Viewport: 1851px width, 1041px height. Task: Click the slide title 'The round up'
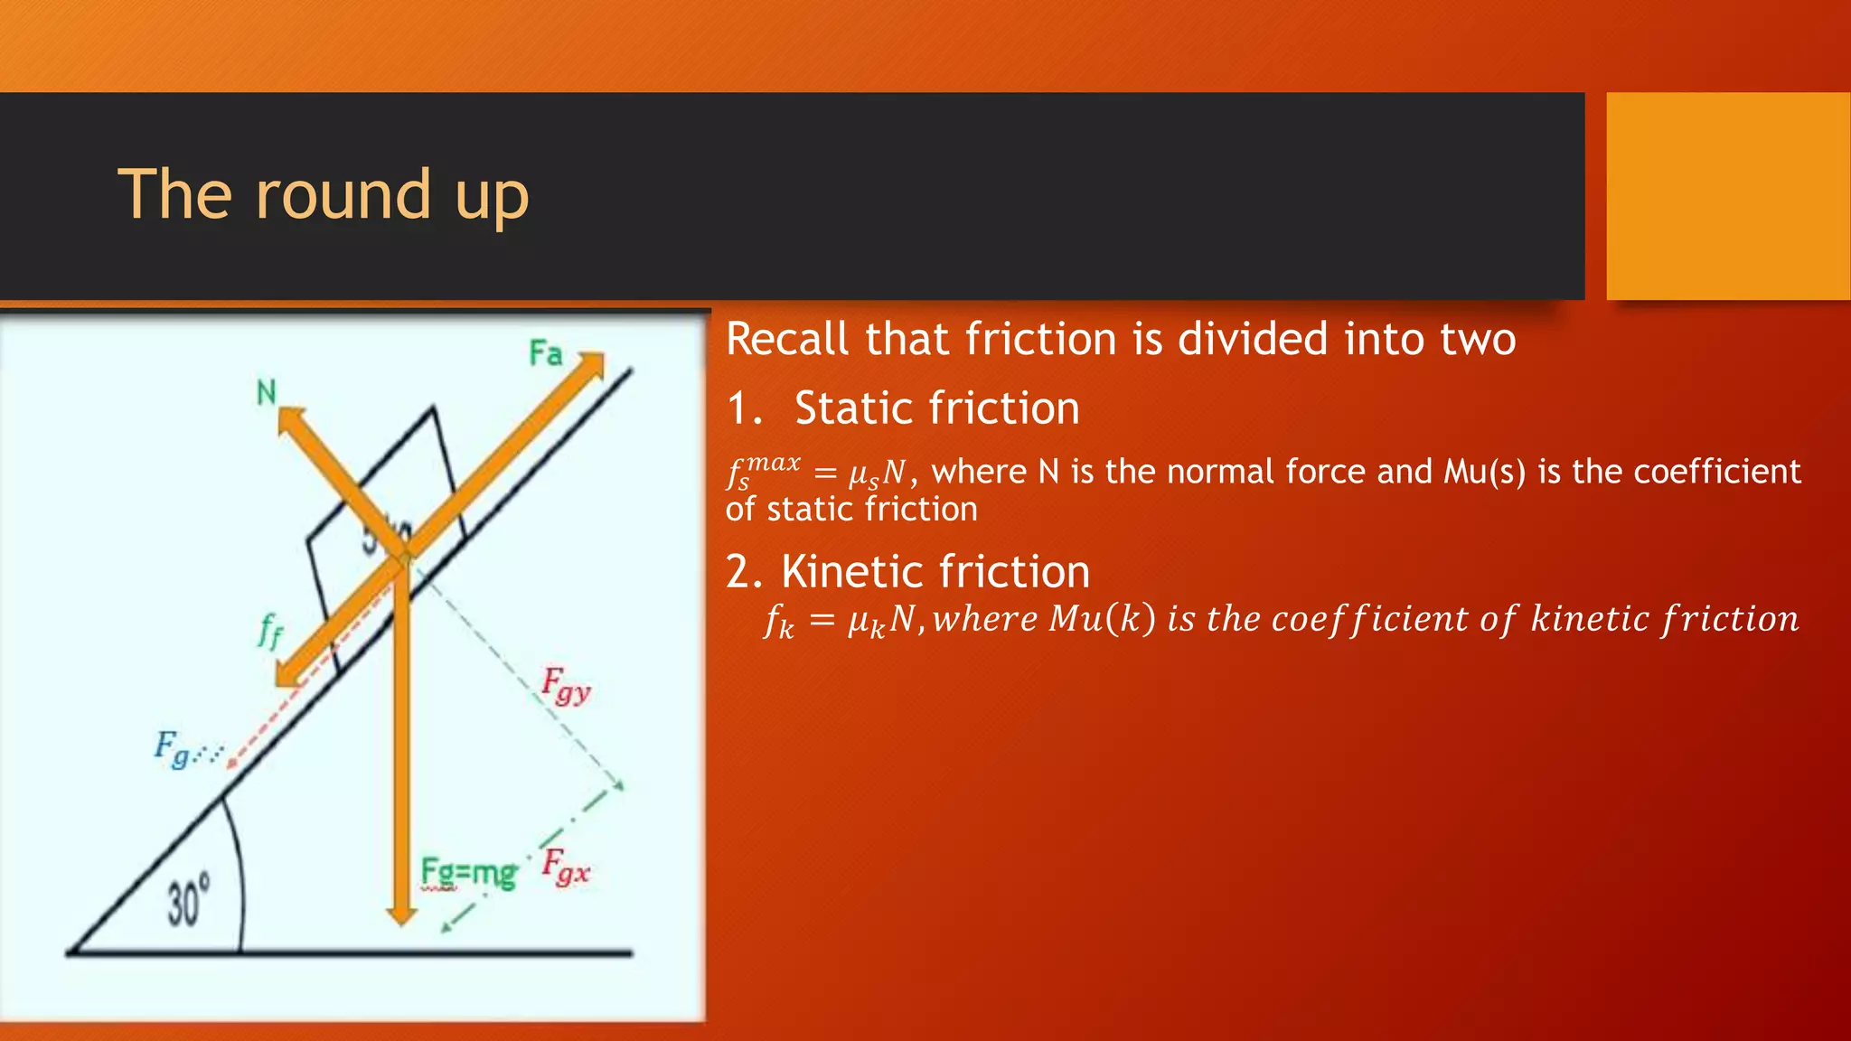pos(323,194)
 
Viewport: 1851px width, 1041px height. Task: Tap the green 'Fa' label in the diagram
pos(546,353)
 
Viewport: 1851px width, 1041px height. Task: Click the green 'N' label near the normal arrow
pos(266,393)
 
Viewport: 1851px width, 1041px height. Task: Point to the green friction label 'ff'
pos(269,630)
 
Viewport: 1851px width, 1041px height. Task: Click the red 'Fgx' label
pos(566,867)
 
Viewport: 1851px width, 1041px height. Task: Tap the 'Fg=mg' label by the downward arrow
pos(468,873)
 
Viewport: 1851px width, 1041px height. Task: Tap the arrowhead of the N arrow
pos(289,419)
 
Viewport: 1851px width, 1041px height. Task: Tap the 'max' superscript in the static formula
pos(774,463)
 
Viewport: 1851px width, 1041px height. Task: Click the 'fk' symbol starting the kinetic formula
pos(779,621)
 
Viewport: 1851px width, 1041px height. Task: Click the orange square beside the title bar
pos(1727,196)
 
